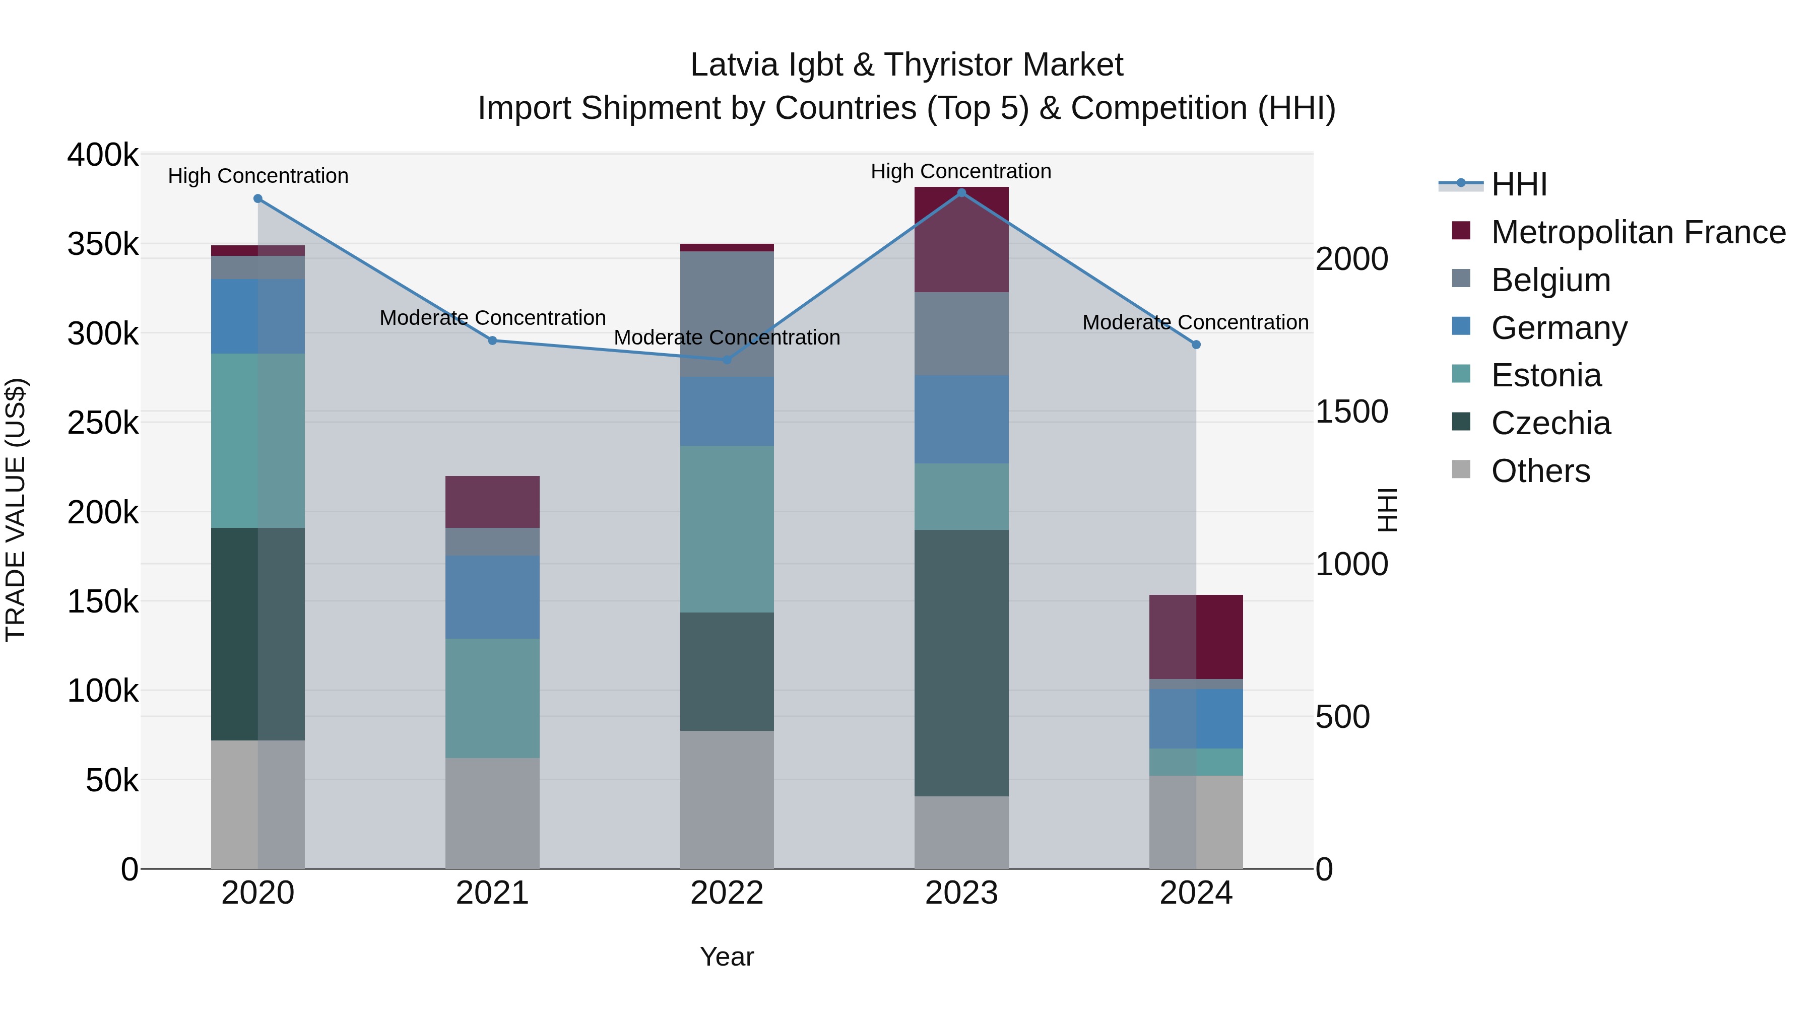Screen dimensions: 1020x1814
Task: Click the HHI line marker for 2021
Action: [x=492, y=341]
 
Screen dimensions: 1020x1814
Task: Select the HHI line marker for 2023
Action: [x=961, y=193]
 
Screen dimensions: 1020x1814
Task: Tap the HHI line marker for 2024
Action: [x=1196, y=345]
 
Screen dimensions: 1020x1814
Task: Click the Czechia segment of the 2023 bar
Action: [x=961, y=662]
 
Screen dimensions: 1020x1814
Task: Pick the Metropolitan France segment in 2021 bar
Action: [x=492, y=502]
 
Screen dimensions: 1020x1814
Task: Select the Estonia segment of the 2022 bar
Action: [x=727, y=529]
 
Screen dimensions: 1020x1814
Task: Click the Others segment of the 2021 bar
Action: [x=492, y=813]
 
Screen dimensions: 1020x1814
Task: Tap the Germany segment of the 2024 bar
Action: [x=1196, y=719]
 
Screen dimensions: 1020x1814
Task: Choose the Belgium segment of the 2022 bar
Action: [x=727, y=314]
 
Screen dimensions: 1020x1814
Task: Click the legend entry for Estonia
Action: [x=1546, y=375]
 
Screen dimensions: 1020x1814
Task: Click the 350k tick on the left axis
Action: [x=103, y=245]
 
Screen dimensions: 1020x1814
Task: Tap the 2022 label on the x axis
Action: [x=727, y=893]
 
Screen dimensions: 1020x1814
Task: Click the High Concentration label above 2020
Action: [x=257, y=176]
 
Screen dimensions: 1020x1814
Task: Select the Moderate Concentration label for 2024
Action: [x=1195, y=322]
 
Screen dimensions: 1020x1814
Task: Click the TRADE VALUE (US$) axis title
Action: [x=16, y=510]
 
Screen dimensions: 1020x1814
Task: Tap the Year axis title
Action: [x=727, y=957]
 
